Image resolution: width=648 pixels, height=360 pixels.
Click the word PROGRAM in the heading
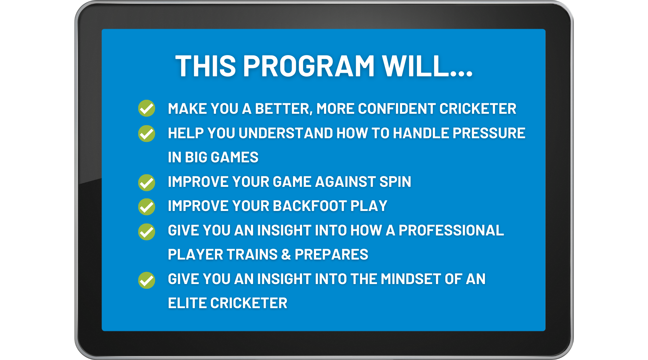coord(309,66)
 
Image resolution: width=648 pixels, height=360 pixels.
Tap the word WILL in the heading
coord(417,66)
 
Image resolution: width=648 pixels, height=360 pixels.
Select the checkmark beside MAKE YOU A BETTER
coord(147,108)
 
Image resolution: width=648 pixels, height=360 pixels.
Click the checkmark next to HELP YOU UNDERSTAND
coord(147,134)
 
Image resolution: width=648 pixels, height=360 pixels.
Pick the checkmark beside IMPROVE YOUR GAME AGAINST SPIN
coord(147,183)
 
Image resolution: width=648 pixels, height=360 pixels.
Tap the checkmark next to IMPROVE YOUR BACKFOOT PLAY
coord(147,207)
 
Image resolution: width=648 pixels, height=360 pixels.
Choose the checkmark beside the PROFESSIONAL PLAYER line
coord(147,231)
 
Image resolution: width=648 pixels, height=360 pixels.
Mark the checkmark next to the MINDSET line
coord(147,280)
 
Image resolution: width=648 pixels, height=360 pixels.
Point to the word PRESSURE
coord(489,133)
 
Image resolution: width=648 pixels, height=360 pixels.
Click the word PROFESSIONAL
coord(451,230)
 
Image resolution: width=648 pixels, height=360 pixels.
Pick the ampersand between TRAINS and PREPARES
coord(286,255)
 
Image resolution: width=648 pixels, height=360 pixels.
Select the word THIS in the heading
coord(206,66)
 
